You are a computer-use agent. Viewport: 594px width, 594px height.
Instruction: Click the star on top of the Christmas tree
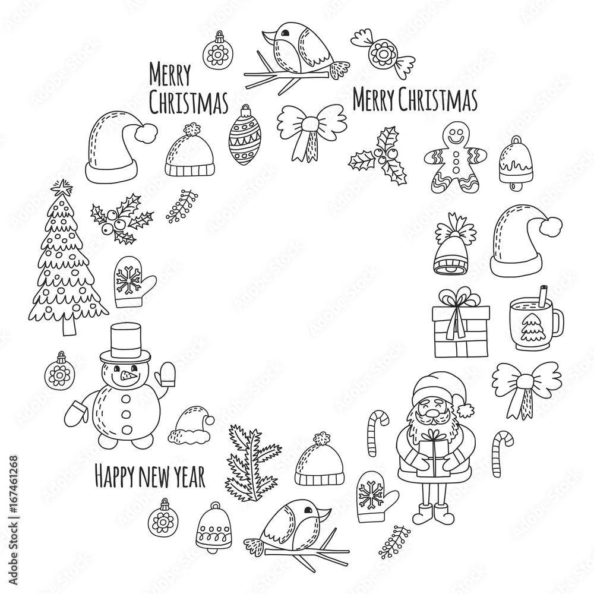coord(60,187)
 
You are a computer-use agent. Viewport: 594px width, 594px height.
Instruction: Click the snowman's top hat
coord(125,343)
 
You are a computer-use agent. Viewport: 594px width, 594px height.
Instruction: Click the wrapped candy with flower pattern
coord(383,53)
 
